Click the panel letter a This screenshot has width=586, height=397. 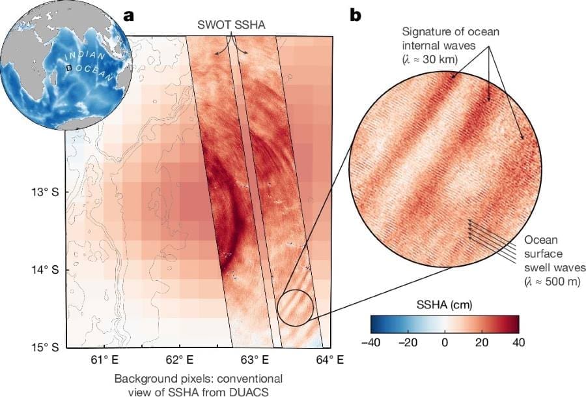coord(129,16)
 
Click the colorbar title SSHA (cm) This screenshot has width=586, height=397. coord(445,304)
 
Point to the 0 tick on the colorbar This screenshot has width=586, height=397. coord(445,342)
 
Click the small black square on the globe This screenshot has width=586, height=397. coord(68,66)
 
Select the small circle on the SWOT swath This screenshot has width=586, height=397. coord(296,307)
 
